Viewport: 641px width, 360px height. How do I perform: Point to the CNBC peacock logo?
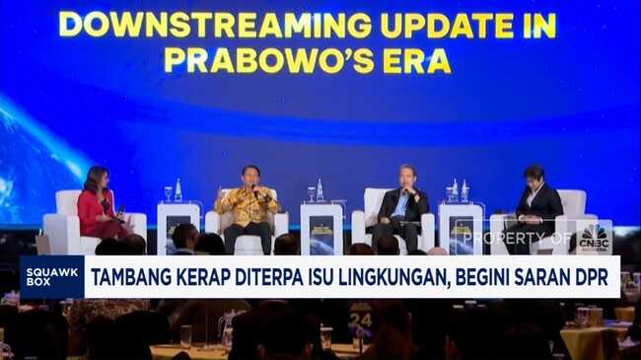(594, 238)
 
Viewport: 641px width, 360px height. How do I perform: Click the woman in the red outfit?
(99, 204)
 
